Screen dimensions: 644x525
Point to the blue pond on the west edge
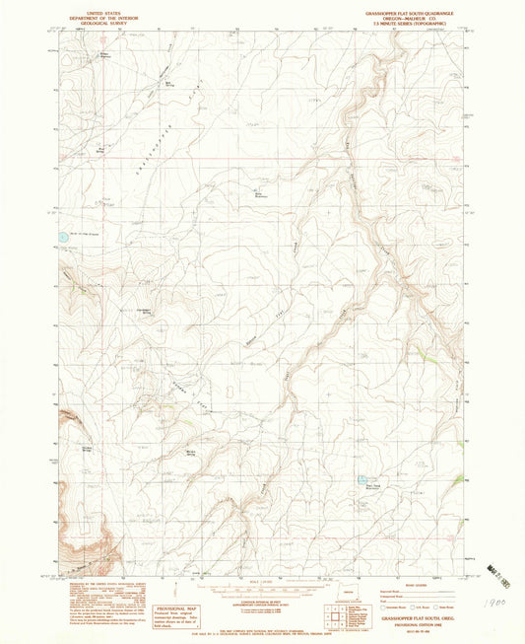pos(62,237)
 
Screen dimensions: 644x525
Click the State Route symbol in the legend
pos(439,608)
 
